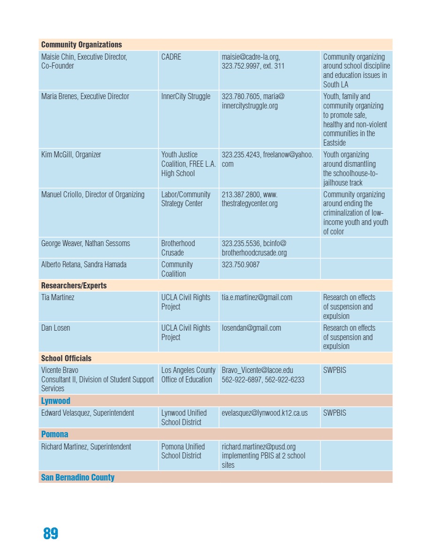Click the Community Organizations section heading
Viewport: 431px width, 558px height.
point(81,45)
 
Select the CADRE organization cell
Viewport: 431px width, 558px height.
point(171,57)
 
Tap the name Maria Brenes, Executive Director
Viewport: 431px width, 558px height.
point(85,96)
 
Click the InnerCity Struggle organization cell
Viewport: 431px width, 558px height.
point(185,96)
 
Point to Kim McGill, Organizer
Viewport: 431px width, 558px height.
point(71,155)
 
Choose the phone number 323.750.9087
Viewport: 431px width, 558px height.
point(240,264)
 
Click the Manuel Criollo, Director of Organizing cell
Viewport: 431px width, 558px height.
point(93,194)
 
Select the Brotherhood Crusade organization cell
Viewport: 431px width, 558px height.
point(178,248)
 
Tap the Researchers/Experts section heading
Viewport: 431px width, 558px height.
point(74,286)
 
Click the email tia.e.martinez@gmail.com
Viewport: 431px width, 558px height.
point(257,297)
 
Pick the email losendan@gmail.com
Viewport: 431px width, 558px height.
point(251,328)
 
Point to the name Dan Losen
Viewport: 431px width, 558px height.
point(55,328)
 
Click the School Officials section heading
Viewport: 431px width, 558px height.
point(66,358)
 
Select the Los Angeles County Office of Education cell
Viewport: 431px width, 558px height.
point(188,375)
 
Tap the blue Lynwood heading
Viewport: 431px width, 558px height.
point(55,401)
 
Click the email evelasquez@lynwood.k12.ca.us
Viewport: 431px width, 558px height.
point(264,413)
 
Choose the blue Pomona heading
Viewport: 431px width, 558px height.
point(54,434)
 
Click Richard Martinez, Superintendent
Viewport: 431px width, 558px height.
point(86,447)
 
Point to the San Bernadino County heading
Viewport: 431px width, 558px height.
point(77,477)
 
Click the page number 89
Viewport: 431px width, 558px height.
point(51,534)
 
